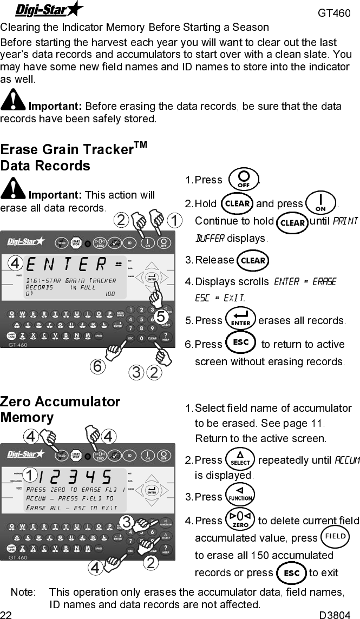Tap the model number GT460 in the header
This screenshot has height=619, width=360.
point(334,12)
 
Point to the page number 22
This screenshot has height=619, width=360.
point(6,614)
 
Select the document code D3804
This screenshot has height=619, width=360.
point(335,614)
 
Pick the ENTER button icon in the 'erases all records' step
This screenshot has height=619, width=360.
point(240,320)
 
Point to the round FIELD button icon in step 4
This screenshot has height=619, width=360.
point(335,537)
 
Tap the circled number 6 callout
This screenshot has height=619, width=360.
point(97,366)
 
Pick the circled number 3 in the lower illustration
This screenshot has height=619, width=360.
point(126,522)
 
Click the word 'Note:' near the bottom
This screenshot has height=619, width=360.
point(23,592)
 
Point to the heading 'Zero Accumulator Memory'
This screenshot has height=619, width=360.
point(60,410)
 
